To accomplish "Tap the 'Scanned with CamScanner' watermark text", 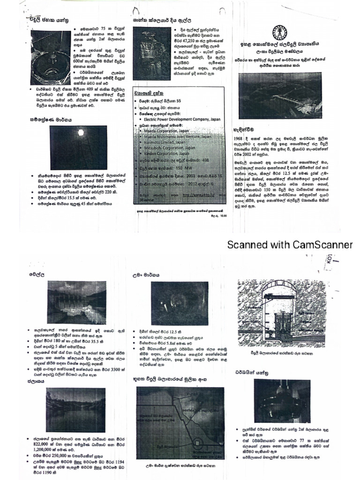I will pyautogui.click(x=290, y=245).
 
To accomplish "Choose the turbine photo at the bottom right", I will pyautogui.click(x=282, y=400).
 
